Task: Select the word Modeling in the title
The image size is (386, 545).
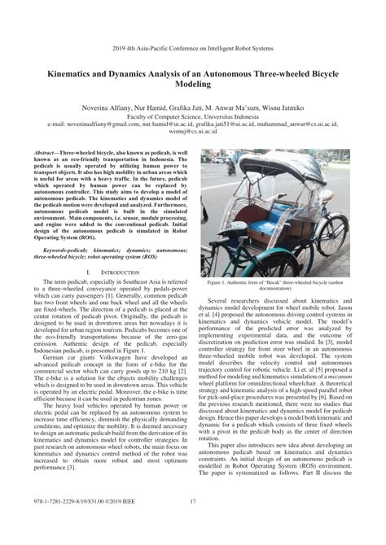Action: [x=193, y=83]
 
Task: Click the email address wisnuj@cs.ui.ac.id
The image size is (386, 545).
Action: [x=193, y=129]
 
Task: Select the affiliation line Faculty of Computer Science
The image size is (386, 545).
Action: [x=193, y=116]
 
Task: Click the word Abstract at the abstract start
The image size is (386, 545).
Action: [x=46, y=151]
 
